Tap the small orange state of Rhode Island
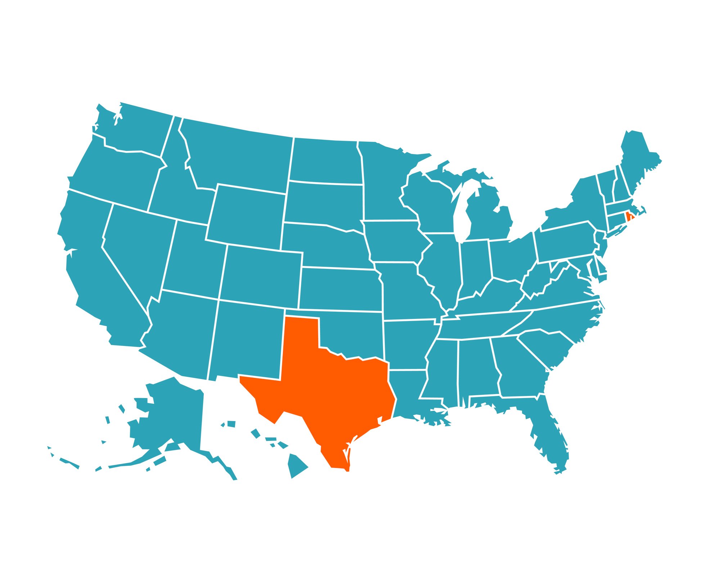pyautogui.click(x=628, y=217)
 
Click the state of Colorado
pyautogui.click(x=261, y=275)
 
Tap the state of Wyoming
pyautogui.click(x=247, y=216)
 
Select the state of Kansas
pyautogui.click(x=340, y=288)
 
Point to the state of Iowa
pyautogui.click(x=392, y=241)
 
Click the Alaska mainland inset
pyautogui.click(x=173, y=414)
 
